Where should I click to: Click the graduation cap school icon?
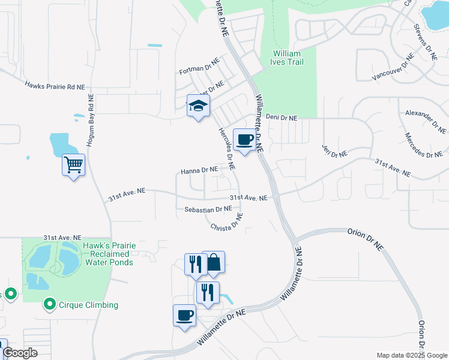(x=197, y=106)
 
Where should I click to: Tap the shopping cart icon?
(x=73, y=164)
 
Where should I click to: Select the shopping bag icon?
(x=213, y=262)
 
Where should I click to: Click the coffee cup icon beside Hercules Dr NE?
(x=244, y=140)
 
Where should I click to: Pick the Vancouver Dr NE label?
(x=393, y=67)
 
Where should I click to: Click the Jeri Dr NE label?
(x=334, y=151)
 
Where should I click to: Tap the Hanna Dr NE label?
(x=199, y=170)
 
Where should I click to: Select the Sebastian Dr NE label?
(x=208, y=209)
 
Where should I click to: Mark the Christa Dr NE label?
(x=226, y=223)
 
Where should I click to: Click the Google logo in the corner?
(x=19, y=353)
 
